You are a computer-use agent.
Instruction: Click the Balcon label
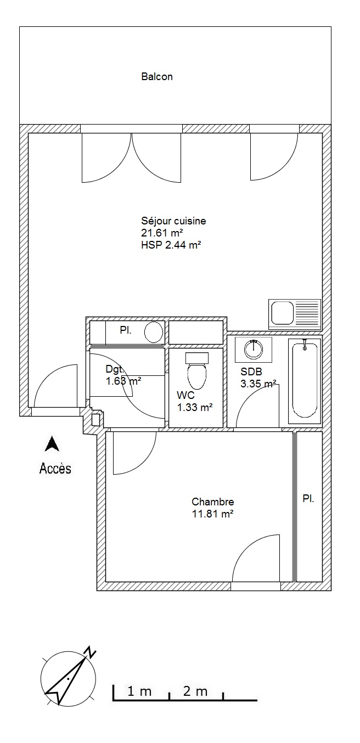click(x=157, y=77)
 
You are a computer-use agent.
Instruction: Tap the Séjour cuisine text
click(x=173, y=221)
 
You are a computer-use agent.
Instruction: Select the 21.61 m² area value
click(x=162, y=233)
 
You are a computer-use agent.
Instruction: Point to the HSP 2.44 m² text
click(x=171, y=245)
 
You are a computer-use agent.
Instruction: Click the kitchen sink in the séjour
click(x=295, y=314)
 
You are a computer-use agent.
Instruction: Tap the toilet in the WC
click(x=197, y=371)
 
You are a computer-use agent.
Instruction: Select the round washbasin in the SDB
click(x=254, y=349)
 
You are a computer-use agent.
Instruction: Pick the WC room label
click(x=185, y=395)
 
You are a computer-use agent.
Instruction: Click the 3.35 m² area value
click(x=258, y=384)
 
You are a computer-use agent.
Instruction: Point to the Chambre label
click(x=213, y=502)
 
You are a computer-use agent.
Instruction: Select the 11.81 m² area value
click(x=213, y=514)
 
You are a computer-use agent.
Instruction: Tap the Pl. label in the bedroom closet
click(x=308, y=498)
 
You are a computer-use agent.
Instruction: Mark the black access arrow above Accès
click(x=52, y=444)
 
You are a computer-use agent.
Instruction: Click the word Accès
click(x=55, y=468)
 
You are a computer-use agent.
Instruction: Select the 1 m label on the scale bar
click(x=139, y=689)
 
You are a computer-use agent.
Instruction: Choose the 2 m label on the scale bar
click(x=195, y=689)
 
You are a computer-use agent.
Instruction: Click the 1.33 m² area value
click(x=195, y=407)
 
